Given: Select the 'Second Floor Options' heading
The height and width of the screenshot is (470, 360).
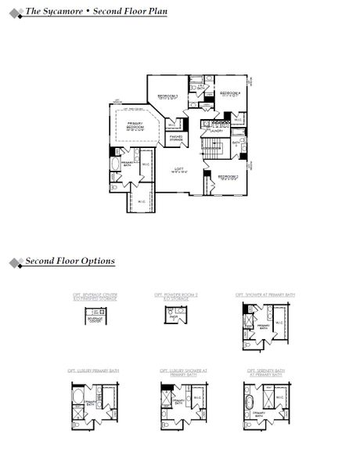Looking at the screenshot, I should tap(70, 261).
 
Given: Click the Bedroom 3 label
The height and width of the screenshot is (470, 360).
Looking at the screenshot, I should tap(167, 96).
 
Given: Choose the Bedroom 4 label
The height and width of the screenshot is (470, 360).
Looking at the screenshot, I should tap(229, 94).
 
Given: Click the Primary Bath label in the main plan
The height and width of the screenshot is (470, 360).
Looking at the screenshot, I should tap(127, 163).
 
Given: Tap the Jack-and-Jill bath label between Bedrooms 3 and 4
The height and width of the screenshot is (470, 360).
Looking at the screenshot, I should tap(201, 88).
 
